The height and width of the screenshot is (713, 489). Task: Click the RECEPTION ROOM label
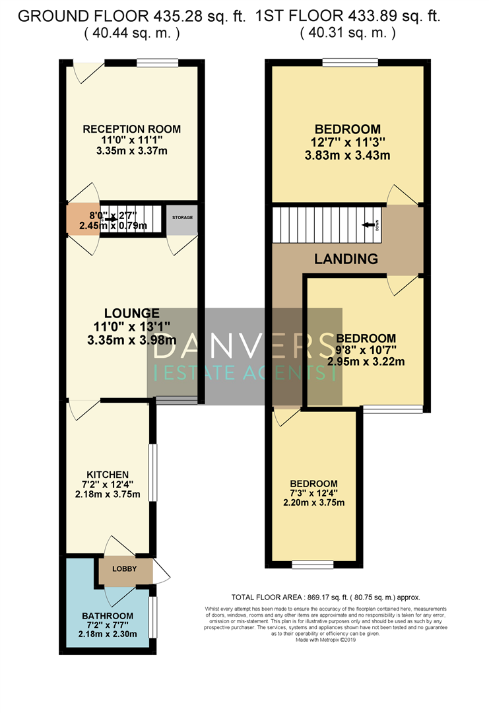[x=131, y=129]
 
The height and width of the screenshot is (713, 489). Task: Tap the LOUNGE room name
[x=131, y=313]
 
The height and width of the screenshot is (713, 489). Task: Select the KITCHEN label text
[x=108, y=475]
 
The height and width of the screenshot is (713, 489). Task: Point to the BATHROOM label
[x=107, y=617]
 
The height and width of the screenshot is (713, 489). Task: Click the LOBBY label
[x=123, y=568]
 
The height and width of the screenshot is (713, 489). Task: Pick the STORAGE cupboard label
[x=181, y=217]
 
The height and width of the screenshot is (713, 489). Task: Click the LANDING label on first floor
[x=346, y=259]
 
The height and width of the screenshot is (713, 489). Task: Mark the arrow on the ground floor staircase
[x=114, y=219]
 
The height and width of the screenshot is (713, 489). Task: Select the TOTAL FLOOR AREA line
[x=326, y=596]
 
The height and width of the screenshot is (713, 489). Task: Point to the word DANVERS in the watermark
[x=244, y=345]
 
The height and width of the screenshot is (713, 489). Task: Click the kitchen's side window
[x=153, y=473]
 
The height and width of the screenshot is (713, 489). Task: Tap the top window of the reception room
[x=157, y=63]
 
